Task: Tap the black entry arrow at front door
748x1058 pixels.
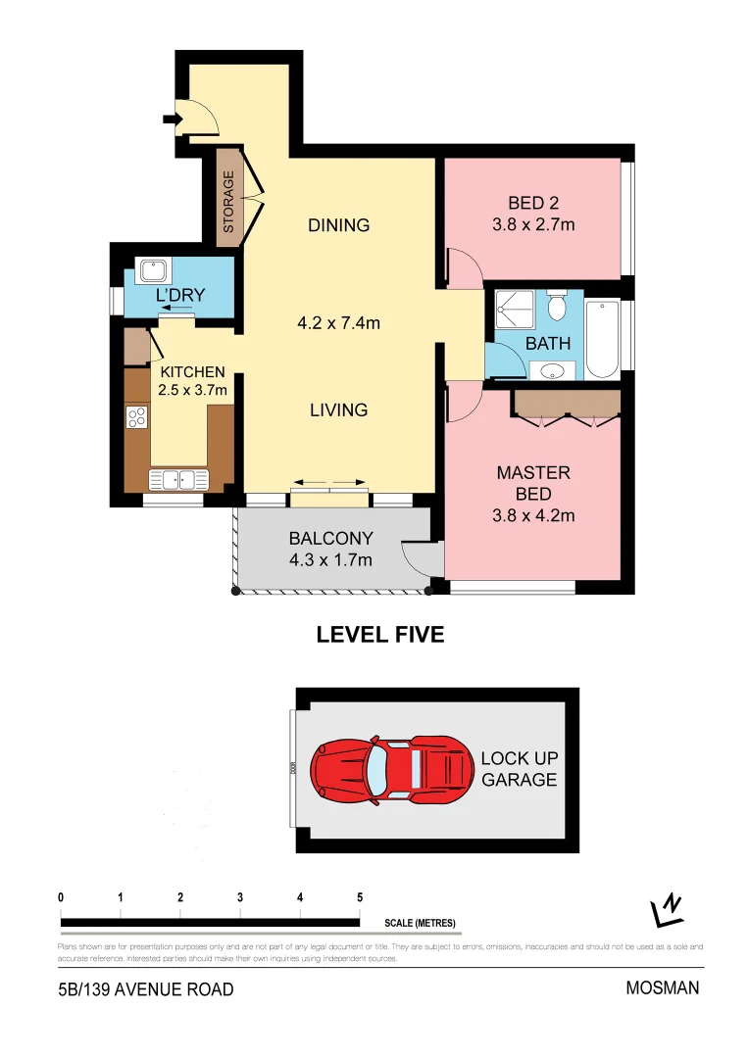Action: tap(172, 120)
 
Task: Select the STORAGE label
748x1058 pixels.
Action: tap(228, 201)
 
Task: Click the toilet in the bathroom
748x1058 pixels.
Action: tap(557, 308)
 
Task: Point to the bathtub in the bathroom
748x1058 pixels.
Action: tap(602, 339)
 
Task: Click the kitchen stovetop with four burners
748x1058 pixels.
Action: tap(137, 418)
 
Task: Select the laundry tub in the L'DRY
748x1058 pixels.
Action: tap(153, 270)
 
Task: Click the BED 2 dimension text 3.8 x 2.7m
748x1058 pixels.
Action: tap(533, 224)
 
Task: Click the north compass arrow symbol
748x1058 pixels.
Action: tap(668, 911)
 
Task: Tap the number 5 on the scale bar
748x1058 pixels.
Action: tap(360, 897)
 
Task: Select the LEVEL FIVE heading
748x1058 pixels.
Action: tap(379, 635)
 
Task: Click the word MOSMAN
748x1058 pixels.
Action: tap(663, 987)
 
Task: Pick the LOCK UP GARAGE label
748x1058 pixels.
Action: tap(518, 769)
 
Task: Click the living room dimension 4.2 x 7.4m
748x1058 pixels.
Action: tap(338, 321)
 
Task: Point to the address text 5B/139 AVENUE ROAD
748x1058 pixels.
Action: tap(146, 989)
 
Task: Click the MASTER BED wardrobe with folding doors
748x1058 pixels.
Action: tap(568, 404)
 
